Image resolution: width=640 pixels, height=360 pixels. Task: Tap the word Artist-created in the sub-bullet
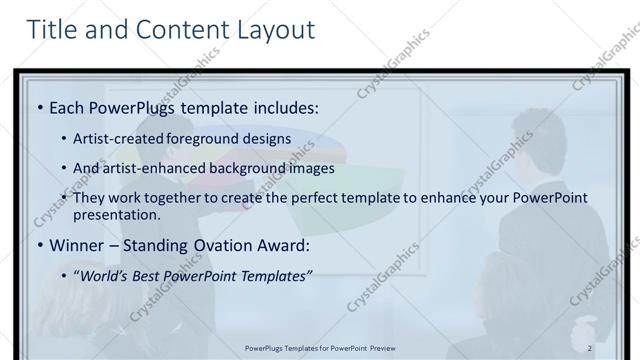tap(115, 138)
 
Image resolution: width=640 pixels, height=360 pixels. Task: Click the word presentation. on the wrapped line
tap(116, 214)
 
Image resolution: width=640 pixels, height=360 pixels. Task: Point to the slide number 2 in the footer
tap(590, 348)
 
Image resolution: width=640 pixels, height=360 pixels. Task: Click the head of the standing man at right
tap(529, 131)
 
